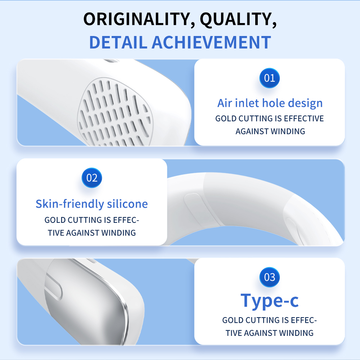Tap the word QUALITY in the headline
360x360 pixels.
point(238,19)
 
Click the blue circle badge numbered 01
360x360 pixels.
point(270,78)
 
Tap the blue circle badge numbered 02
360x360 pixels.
point(92,178)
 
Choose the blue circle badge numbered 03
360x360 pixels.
point(270,277)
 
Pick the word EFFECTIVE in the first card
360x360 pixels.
point(304,118)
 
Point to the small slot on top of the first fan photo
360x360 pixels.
point(111,61)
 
